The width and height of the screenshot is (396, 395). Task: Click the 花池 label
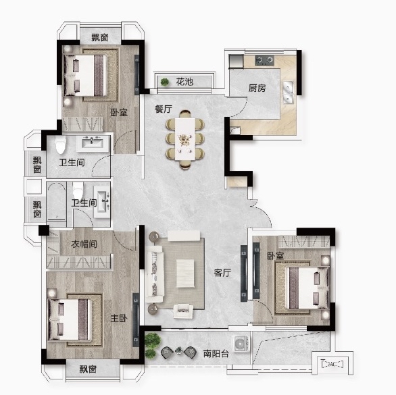pos(184,82)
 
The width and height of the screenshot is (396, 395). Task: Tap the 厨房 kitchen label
pos(257,88)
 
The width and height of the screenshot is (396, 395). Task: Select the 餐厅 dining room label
pos(164,109)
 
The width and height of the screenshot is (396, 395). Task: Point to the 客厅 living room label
pos(222,273)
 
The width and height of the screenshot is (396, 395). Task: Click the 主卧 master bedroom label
pos(119,318)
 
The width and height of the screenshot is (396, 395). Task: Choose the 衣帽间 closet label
pos(84,244)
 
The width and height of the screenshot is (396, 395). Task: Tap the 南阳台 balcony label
pos(216,354)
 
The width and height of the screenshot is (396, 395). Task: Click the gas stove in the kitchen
pos(264,60)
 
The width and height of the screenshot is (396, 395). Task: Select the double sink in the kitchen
pos(288,92)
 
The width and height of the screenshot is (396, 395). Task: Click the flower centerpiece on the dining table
pos(185,139)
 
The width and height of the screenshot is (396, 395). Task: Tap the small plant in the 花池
pos(165,82)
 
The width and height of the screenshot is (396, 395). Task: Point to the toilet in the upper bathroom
pos(61,144)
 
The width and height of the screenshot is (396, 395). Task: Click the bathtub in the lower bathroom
pos(57,201)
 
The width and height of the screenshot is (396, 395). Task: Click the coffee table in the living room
pos(185,273)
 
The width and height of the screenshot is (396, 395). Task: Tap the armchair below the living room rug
pos(183,311)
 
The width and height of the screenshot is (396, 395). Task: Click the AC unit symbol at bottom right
pos(332,364)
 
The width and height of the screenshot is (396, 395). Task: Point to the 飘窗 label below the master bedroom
pos(88,369)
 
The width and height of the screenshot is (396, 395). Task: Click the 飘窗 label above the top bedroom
pos(100,38)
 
